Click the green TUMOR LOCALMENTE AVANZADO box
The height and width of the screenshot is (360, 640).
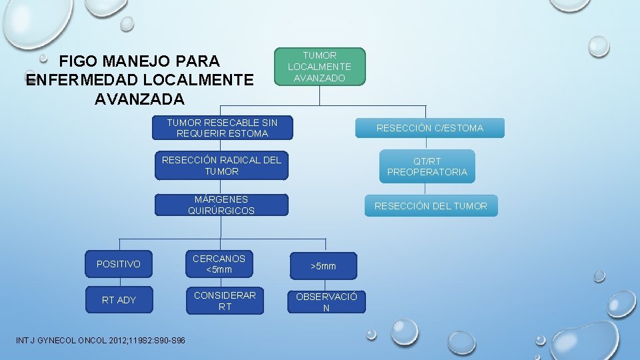[319, 67]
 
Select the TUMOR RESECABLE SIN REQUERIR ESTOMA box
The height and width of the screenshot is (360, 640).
[222, 128]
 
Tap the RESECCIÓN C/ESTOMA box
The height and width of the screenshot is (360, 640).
[429, 128]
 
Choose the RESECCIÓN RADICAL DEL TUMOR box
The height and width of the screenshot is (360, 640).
[221, 166]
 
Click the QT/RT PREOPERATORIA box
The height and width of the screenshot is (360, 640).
[427, 167]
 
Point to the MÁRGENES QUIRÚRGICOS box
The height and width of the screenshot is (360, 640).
[221, 205]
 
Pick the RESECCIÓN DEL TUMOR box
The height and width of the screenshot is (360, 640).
[430, 206]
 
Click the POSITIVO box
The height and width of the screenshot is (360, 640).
[119, 264]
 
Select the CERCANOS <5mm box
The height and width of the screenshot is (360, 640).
[219, 264]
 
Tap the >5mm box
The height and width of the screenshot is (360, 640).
[323, 266]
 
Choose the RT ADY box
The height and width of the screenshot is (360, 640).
[119, 300]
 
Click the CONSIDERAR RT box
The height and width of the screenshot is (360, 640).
[225, 301]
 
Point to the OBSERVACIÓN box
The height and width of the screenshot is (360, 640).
[326, 302]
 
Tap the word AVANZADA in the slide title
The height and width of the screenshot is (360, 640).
[139, 99]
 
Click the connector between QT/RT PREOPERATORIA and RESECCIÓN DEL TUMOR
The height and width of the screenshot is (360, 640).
[425, 189]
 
